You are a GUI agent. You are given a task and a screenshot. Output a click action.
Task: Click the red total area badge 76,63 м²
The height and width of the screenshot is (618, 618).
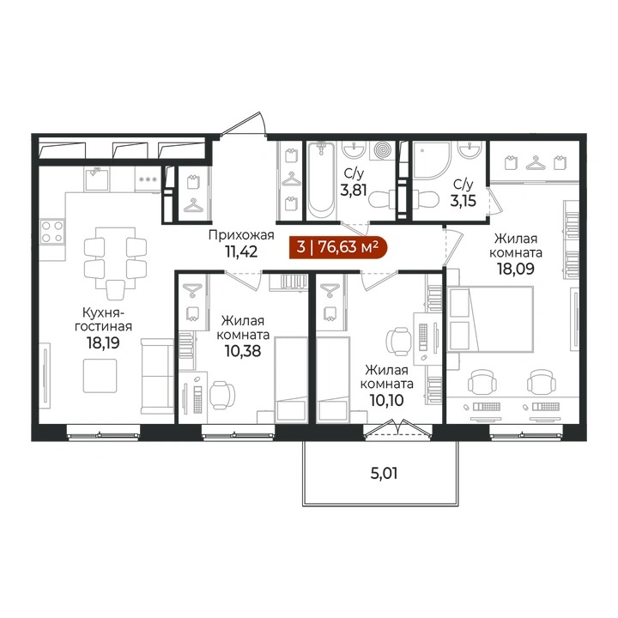click(x=338, y=247)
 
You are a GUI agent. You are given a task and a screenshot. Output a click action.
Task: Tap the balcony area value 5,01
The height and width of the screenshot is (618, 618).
click(x=384, y=473)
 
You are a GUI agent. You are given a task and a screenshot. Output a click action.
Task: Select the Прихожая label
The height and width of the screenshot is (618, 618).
click(x=241, y=235)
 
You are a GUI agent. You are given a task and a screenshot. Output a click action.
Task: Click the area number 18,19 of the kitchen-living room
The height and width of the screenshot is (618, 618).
click(x=103, y=342)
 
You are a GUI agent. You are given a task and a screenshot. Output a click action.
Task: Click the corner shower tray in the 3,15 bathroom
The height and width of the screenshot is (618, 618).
click(x=431, y=161)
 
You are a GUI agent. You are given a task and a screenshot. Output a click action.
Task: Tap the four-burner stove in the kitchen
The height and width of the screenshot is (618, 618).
click(x=52, y=232)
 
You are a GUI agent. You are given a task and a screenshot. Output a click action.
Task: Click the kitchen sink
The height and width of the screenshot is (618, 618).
click(x=96, y=179)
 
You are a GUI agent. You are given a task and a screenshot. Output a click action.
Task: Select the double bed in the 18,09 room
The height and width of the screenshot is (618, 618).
click(x=491, y=318)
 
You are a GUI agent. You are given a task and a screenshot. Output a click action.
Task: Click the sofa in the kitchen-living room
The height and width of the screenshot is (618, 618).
click(x=158, y=376)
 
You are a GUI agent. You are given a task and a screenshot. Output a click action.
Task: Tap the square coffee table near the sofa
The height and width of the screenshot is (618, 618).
click(x=100, y=376)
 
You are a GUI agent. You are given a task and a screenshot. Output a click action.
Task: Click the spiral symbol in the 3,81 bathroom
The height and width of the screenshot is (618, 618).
click(x=382, y=150)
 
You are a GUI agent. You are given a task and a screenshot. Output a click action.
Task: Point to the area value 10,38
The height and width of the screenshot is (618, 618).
click(x=243, y=350)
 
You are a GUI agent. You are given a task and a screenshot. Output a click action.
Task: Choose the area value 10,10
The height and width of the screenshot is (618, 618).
click(x=386, y=401)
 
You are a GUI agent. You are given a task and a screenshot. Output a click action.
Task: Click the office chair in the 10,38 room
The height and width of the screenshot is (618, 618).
click(x=222, y=395)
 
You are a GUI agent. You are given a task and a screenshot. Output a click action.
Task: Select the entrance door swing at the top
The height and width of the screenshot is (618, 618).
click(x=244, y=124)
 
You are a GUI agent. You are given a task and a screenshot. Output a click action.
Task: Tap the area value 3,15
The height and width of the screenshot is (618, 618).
click(x=463, y=201)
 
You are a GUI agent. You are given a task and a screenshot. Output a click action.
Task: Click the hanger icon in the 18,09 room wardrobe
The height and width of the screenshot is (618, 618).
click(x=535, y=162)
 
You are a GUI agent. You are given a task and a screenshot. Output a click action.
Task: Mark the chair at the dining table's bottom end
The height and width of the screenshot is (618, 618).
click(x=116, y=289)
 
